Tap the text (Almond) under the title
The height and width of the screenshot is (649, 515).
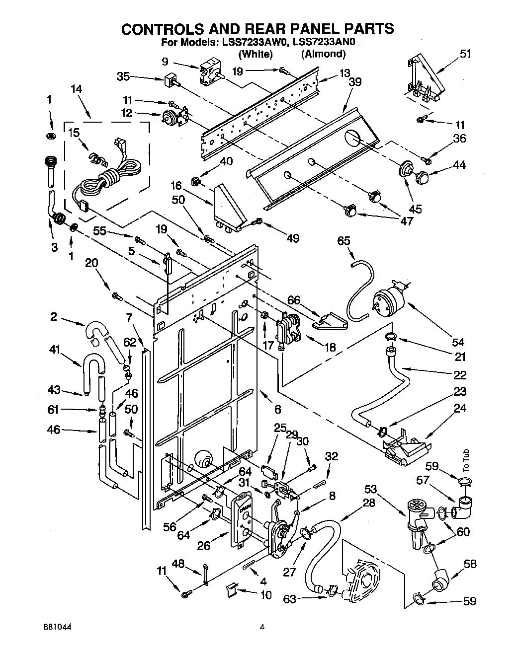tap(323, 54)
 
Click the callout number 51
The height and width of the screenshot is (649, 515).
tap(465, 54)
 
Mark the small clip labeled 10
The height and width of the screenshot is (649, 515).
tap(230, 590)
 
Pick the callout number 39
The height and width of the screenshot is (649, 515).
tap(354, 82)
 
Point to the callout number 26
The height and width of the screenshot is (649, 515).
tap(204, 546)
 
